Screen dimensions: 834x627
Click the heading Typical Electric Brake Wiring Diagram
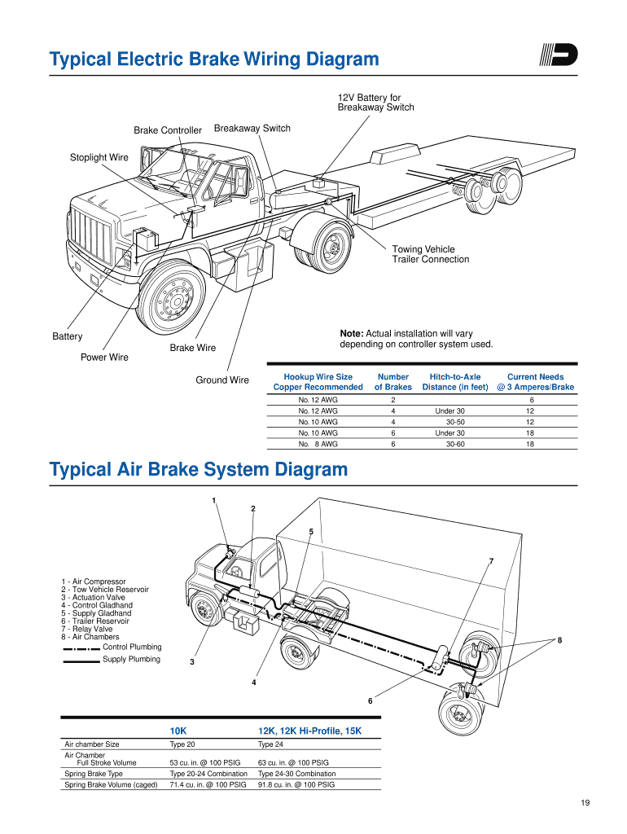point(214,59)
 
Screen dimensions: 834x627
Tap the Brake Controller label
point(168,130)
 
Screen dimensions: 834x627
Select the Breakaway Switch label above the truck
point(252,129)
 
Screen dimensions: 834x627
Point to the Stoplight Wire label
point(99,157)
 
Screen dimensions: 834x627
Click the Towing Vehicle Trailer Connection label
point(431,254)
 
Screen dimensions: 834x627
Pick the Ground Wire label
point(222,380)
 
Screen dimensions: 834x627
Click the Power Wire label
point(104,358)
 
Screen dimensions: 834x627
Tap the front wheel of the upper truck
point(171,301)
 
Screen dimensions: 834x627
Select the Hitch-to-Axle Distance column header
point(455,382)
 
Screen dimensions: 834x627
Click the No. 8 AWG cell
point(318,445)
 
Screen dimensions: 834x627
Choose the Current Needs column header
point(535,382)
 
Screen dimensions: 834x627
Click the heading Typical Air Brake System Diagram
point(198,470)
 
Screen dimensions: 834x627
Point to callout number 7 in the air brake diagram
point(491,561)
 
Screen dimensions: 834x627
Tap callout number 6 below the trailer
point(370,701)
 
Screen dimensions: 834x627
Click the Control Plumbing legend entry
point(132,647)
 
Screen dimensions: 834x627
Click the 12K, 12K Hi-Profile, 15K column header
point(309,731)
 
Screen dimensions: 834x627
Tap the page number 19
point(585,805)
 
